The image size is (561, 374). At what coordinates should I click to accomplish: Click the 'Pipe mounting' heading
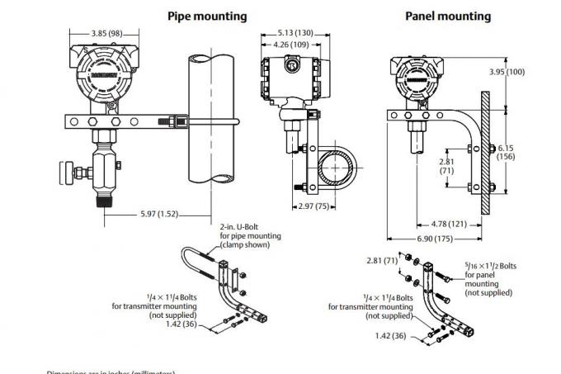(x=207, y=16)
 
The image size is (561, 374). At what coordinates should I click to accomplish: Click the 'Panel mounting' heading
(x=448, y=16)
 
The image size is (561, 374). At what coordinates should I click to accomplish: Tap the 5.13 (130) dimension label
(x=290, y=33)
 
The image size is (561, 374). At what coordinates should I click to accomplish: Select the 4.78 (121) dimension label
(x=450, y=223)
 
